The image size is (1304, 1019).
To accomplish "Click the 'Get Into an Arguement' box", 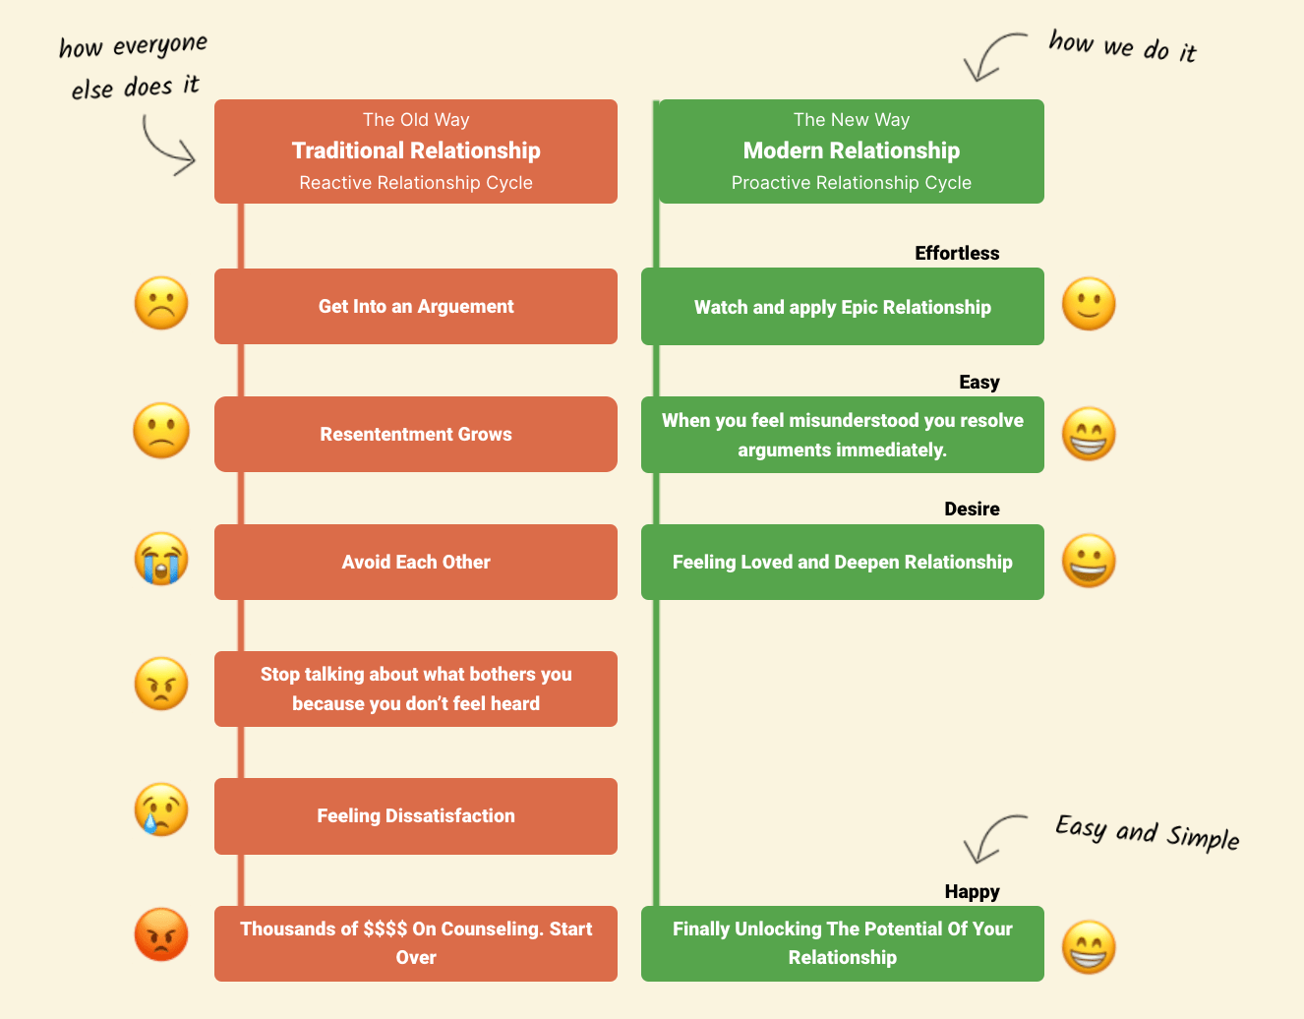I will click(416, 306).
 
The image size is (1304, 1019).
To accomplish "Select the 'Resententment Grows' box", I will click(416, 434).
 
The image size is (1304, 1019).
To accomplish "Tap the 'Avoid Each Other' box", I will click(416, 562).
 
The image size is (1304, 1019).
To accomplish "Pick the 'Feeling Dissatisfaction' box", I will click(416, 815).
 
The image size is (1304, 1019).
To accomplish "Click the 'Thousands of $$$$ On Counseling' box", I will click(416, 942).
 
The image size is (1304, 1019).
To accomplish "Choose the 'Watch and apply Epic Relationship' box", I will click(843, 307).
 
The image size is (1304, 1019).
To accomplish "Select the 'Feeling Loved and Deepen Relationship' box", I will click(843, 562).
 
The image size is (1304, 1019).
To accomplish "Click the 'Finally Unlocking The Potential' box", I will click(843, 942).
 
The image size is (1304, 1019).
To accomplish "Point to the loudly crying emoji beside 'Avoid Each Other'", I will click(161, 559).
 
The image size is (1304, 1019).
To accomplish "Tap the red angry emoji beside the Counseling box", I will click(161, 933).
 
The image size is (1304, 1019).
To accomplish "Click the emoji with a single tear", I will click(161, 809).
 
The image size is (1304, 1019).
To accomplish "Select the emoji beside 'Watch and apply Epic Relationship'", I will click(1089, 303).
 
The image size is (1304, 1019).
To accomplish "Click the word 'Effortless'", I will click(957, 253).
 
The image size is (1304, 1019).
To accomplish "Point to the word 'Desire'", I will click(972, 509).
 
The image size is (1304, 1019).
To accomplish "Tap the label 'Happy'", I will click(972, 891).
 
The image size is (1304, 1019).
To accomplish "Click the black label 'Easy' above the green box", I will click(979, 382).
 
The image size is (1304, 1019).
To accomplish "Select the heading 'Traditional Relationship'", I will click(416, 150).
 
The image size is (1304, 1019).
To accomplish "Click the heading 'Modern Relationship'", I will click(852, 150).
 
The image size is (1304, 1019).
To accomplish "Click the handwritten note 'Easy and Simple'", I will click(1147, 832).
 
